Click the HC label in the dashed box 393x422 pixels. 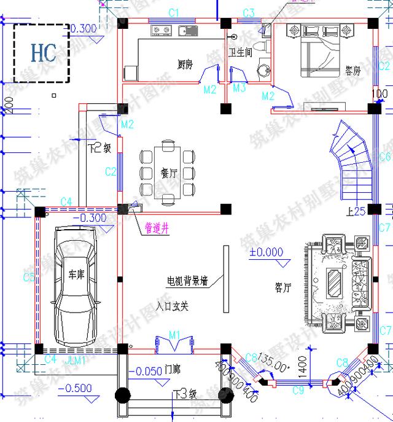[x=44, y=52]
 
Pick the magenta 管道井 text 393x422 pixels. [x=158, y=227]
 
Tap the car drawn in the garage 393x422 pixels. [x=76, y=286]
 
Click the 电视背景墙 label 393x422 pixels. [x=187, y=281]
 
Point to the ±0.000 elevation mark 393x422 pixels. [x=266, y=252]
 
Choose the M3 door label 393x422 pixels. [x=239, y=88]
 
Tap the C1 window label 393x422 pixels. [x=173, y=13]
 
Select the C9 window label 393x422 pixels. [x=298, y=389]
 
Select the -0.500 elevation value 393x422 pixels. [x=77, y=388]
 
